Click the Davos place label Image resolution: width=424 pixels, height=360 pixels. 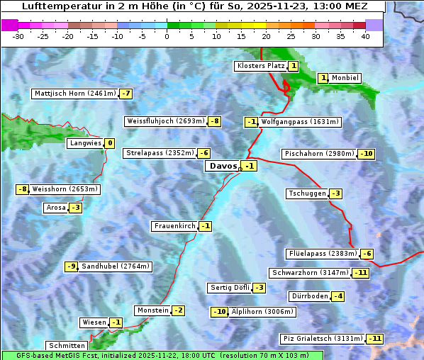pos(223,166)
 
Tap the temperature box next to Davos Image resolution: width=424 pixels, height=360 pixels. pos(249,166)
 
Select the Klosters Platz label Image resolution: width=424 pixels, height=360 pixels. pos(260,66)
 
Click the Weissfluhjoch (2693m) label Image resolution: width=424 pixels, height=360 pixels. pos(165,121)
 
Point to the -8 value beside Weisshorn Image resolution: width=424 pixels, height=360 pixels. pos(23,189)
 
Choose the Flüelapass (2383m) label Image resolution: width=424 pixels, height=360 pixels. pos(322,254)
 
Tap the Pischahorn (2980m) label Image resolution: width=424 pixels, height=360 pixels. pos(318,154)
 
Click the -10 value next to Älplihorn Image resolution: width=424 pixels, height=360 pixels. pos(220,312)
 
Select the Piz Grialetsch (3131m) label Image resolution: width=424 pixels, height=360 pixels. pos(323,339)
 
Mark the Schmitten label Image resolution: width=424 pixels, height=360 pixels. pos(67,346)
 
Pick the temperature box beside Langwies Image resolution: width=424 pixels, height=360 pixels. pos(109,143)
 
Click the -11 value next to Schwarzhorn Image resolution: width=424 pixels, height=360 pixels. pos(361,273)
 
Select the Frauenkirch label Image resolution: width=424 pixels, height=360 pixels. pos(174,226)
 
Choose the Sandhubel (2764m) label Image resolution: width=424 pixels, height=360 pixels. pos(115,266)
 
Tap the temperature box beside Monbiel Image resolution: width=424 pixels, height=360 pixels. pos(323,78)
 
